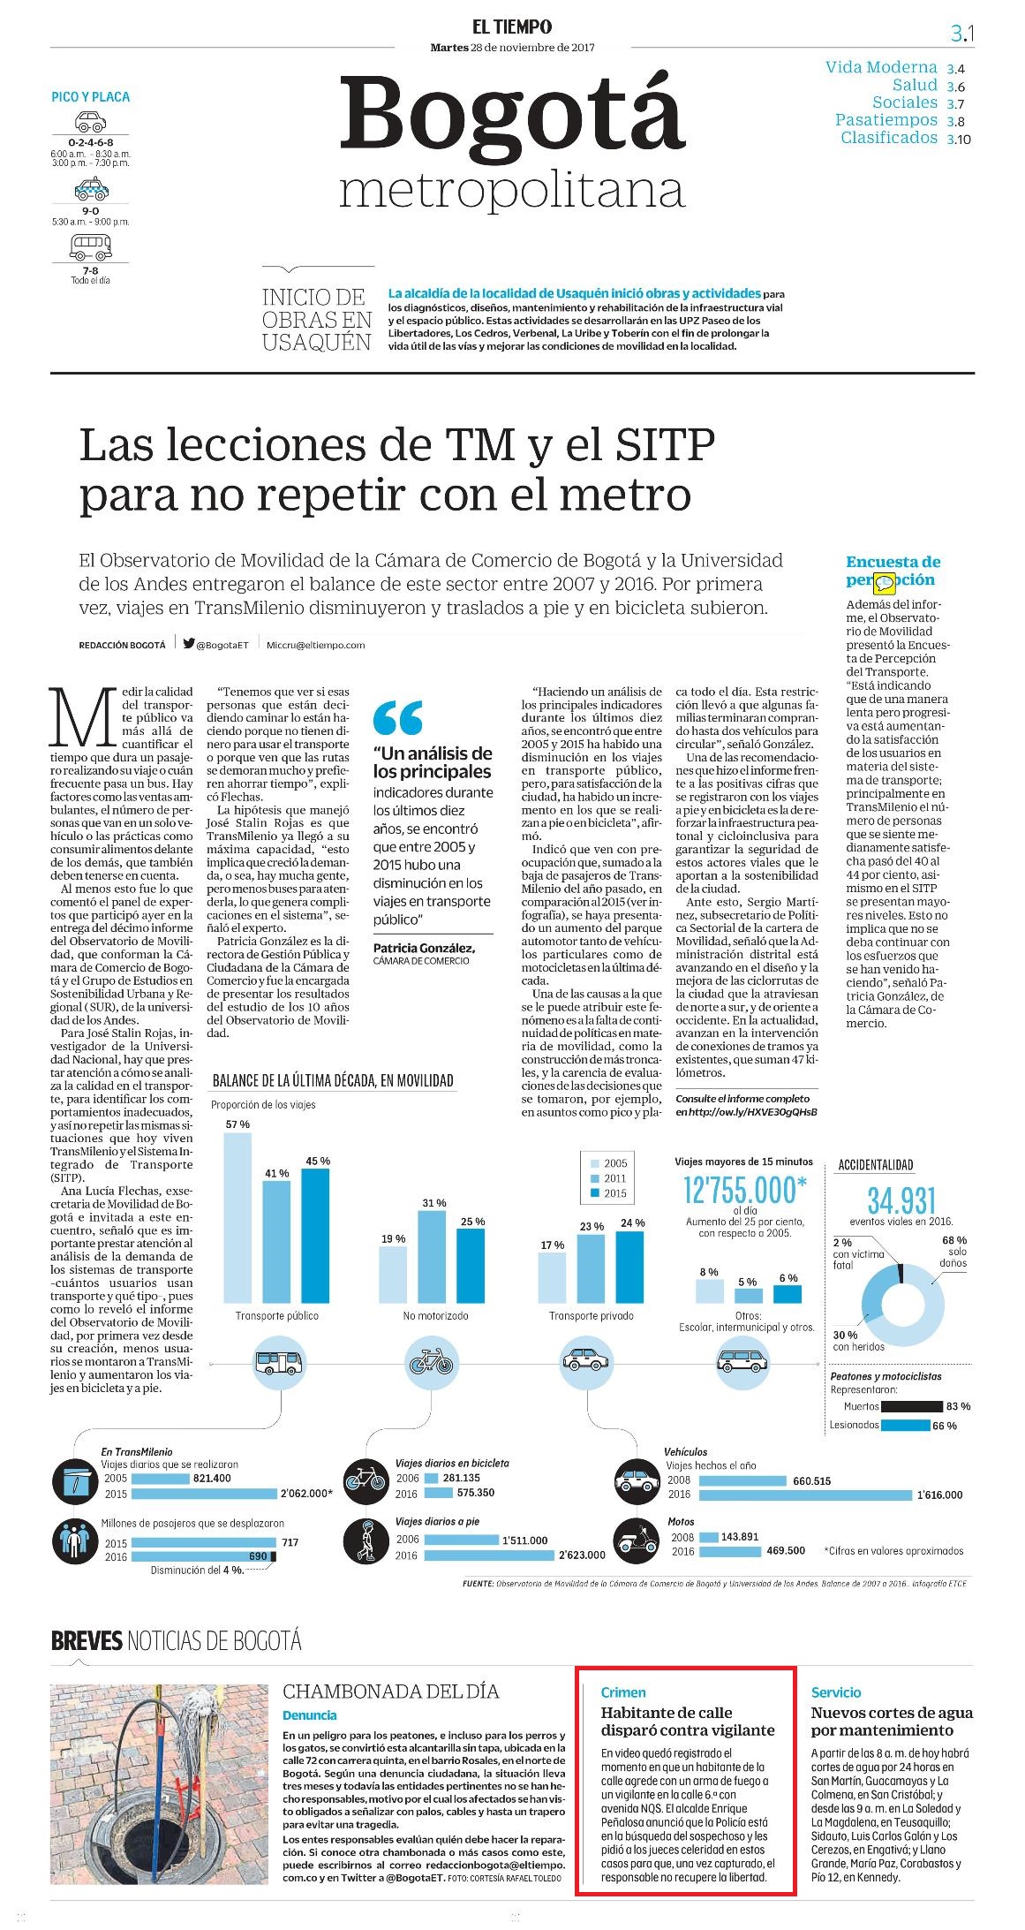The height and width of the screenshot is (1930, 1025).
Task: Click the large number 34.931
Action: point(901,1200)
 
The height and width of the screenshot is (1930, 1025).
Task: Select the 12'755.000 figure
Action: point(745,1190)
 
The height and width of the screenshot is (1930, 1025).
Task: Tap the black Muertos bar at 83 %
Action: point(913,1405)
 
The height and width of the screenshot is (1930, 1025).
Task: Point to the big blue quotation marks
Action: point(397,717)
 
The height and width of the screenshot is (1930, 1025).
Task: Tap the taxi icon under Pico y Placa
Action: point(90,188)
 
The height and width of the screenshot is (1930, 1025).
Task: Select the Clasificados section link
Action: point(888,138)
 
